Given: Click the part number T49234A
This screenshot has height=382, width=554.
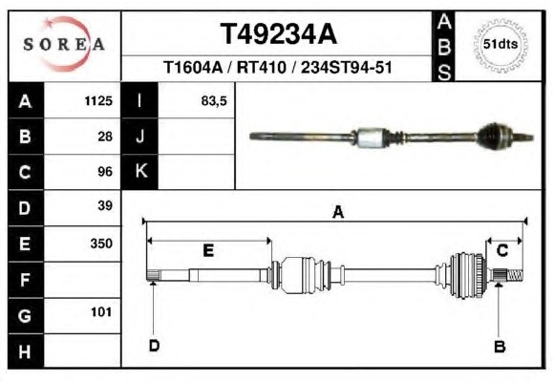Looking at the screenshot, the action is pos(278,34).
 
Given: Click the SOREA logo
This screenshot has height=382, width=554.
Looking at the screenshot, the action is pos(64,44).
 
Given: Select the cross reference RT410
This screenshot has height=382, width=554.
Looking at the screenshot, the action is pos(261,67).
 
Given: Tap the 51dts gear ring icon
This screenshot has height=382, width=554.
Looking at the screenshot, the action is pos(501,45).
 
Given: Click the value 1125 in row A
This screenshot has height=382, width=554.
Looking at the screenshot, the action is pos(98,101).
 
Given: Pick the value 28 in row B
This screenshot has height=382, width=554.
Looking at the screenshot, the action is pos(105,137).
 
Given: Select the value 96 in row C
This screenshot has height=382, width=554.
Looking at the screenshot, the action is pos(105,172).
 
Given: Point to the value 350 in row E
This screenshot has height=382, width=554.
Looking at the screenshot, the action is pos(101,244).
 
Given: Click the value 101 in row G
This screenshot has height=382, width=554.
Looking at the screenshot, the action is pos(101,312).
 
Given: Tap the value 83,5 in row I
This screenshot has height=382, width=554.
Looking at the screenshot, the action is pos(214,101).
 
